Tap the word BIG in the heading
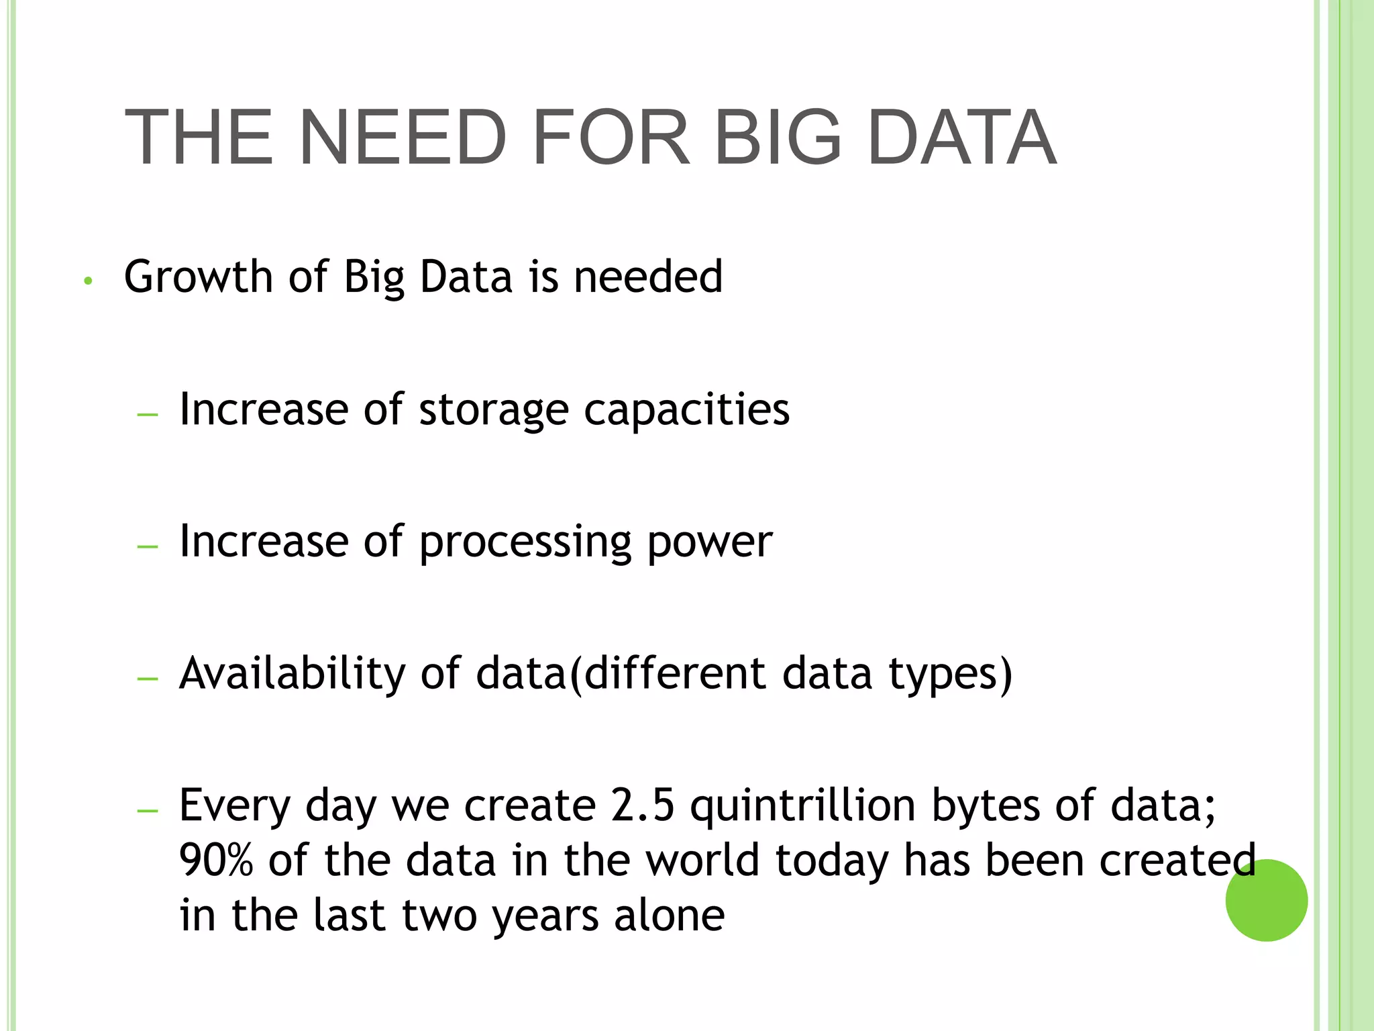coord(778,138)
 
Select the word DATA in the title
coord(962,138)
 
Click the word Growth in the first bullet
coord(198,277)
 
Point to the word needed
coord(648,277)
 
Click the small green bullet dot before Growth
coord(87,281)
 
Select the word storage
coord(493,410)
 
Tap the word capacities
coord(686,410)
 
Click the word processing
coord(525,542)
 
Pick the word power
coord(710,542)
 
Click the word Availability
coord(292,673)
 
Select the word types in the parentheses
coord(944,675)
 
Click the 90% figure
coord(216,861)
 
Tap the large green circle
coord(1266,900)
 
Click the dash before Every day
coord(147,811)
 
